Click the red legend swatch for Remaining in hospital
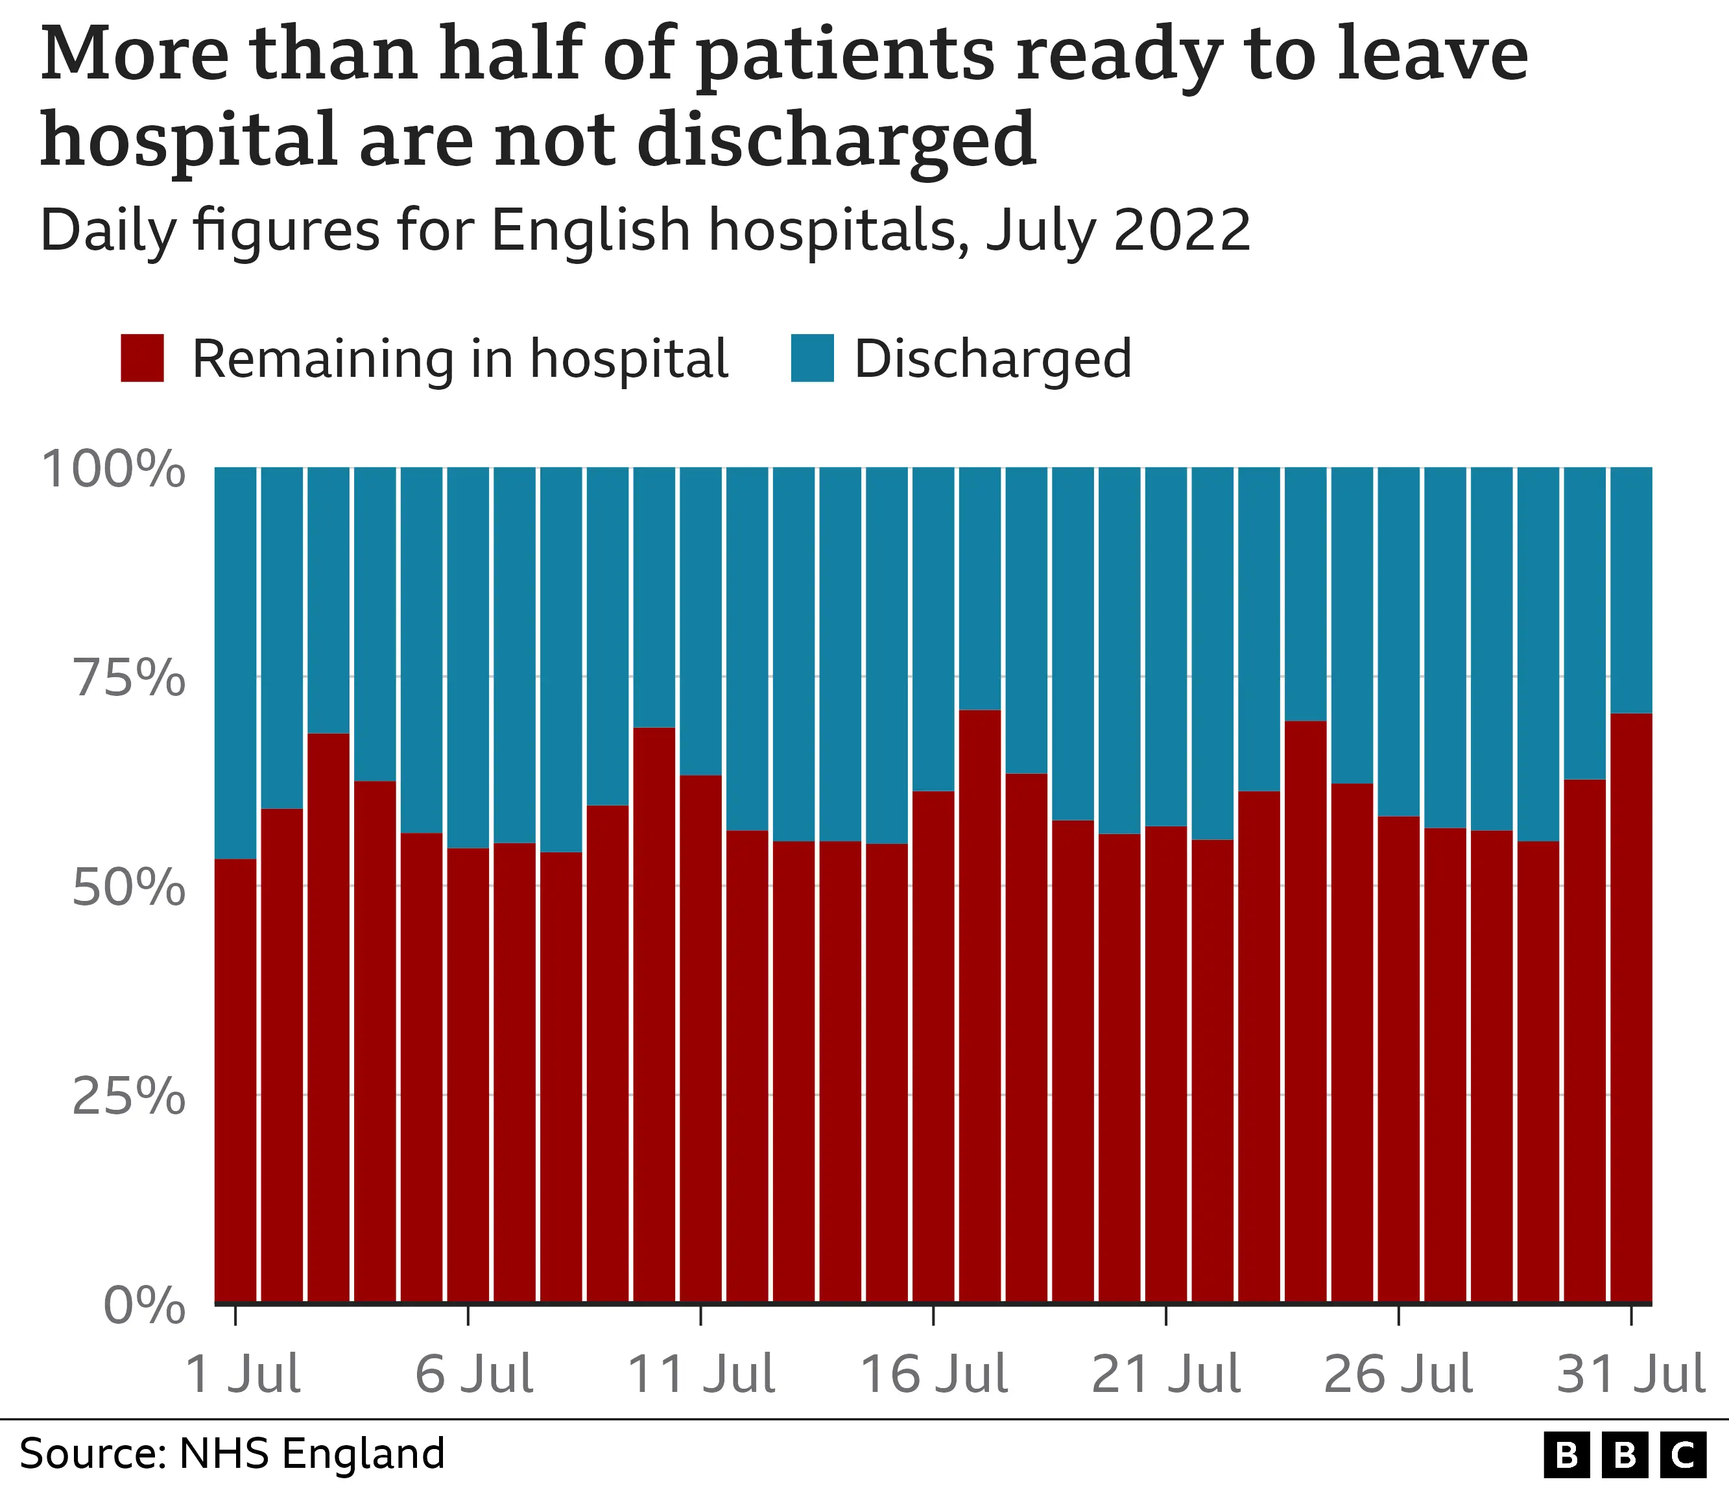(x=142, y=358)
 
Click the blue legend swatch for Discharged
(x=812, y=358)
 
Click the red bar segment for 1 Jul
(x=235, y=1085)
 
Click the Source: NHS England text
(x=232, y=1453)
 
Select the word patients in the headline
(x=844, y=54)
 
